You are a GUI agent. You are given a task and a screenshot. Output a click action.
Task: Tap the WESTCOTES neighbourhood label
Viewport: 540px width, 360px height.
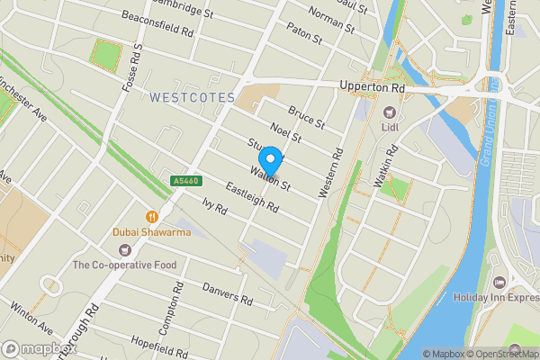(192, 96)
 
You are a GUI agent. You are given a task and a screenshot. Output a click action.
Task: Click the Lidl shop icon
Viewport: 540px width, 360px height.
(389, 112)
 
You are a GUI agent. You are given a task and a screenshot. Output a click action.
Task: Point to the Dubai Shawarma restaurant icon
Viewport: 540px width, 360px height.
(151, 216)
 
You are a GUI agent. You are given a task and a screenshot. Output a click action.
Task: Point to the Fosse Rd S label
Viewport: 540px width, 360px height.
(133, 68)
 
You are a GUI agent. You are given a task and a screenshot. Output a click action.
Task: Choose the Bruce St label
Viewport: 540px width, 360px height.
(305, 117)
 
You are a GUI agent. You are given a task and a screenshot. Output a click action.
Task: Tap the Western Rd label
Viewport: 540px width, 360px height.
(331, 172)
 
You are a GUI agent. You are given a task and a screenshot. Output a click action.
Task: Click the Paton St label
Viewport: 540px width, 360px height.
(305, 39)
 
